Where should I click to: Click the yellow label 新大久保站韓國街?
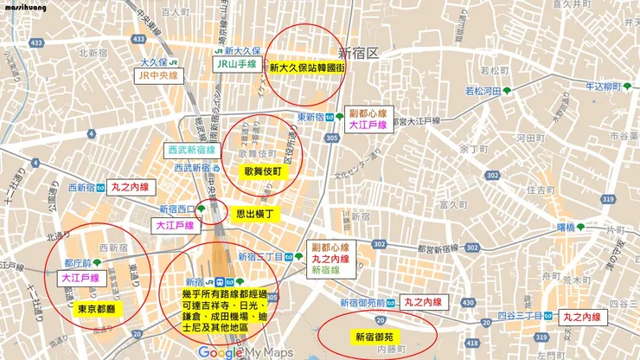305,67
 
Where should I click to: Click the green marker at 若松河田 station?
508,90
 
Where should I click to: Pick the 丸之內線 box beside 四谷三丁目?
586,318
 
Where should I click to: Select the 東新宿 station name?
310,117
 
